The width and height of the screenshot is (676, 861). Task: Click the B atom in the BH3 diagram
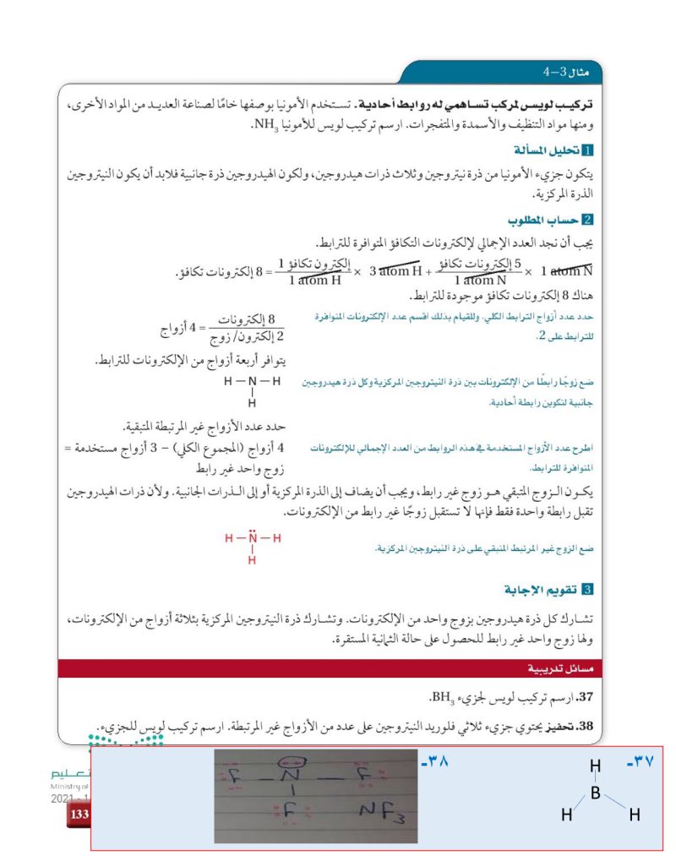coord(595,793)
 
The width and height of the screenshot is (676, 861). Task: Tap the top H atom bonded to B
coord(595,766)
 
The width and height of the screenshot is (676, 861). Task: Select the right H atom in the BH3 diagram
coord(634,815)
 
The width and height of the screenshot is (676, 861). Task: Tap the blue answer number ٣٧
coord(644,763)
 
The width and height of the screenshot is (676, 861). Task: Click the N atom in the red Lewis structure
coord(251,538)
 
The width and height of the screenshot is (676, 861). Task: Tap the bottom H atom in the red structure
coord(251,559)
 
